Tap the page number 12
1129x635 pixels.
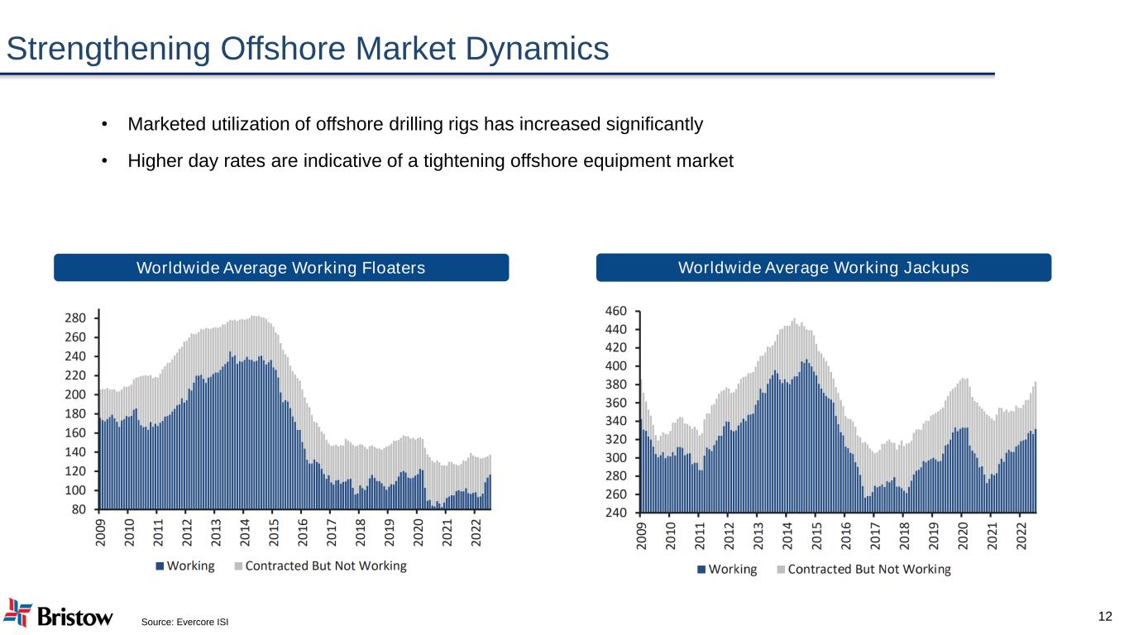(x=1104, y=616)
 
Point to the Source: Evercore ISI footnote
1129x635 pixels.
(x=184, y=622)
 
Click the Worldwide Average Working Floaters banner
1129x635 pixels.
(x=281, y=268)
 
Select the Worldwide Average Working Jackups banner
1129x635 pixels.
(x=823, y=268)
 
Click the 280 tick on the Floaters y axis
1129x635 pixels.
(x=76, y=318)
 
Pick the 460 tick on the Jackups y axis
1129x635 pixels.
(x=618, y=311)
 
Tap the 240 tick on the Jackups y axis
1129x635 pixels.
(x=618, y=513)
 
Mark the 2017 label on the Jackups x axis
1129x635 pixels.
(x=874, y=532)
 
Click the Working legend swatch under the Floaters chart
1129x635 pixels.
(x=160, y=566)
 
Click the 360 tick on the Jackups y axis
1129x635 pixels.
(x=618, y=403)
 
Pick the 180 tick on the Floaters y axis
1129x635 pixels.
(x=76, y=414)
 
